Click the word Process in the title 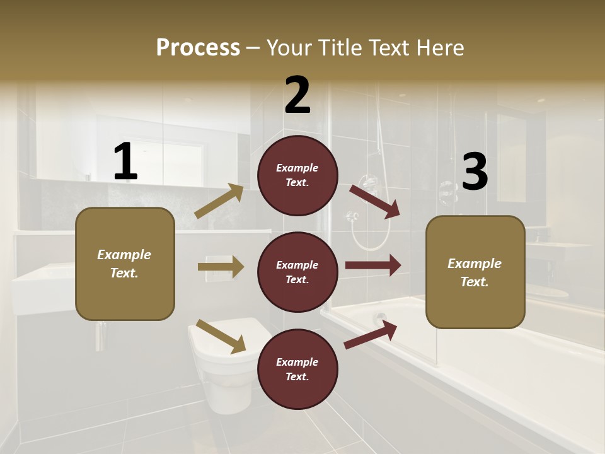point(198,47)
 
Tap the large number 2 point(297,95)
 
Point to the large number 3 point(475,172)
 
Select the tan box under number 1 point(125,264)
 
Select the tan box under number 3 point(475,272)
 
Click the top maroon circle point(297,175)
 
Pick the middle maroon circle point(297,272)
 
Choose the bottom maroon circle point(297,369)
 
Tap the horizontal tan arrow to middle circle point(221,267)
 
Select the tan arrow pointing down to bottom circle point(221,336)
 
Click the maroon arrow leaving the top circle point(375,201)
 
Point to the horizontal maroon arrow point(373,265)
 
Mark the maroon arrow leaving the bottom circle point(371,334)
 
